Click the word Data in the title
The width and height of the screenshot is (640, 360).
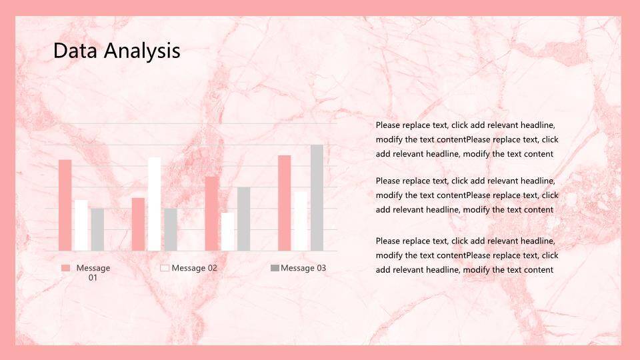pyautogui.click(x=75, y=51)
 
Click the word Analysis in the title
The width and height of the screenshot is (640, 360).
pyautogui.click(x=142, y=51)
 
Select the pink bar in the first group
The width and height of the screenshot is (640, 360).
pyautogui.click(x=65, y=205)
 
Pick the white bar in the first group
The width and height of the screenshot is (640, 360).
pyautogui.click(x=81, y=225)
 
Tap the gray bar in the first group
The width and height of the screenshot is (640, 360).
pyautogui.click(x=97, y=230)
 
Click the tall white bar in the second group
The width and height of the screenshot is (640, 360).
pyautogui.click(x=154, y=204)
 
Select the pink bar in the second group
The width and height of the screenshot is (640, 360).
pyautogui.click(x=138, y=225)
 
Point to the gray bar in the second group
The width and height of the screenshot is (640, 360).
pyautogui.click(x=171, y=230)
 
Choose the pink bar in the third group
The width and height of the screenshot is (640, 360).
pyautogui.click(x=211, y=213)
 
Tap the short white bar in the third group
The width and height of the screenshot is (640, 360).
pyautogui.click(x=228, y=232)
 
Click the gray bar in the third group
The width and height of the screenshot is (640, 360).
pyautogui.click(x=244, y=219)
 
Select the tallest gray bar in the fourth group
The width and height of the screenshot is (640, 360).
pyautogui.click(x=317, y=197)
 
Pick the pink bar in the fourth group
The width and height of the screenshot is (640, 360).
pyautogui.click(x=285, y=203)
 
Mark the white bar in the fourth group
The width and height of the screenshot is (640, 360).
pyautogui.click(x=301, y=221)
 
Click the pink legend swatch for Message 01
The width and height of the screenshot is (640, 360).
pyautogui.click(x=66, y=268)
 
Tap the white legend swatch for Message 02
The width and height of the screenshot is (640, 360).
pyautogui.click(x=165, y=268)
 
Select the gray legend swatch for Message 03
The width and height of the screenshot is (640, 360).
pyautogui.click(x=275, y=268)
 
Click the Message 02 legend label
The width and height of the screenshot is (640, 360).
pyautogui.click(x=194, y=268)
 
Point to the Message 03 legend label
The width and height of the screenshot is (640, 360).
pyautogui.click(x=303, y=268)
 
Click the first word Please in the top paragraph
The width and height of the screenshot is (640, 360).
pyautogui.click(x=388, y=125)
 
